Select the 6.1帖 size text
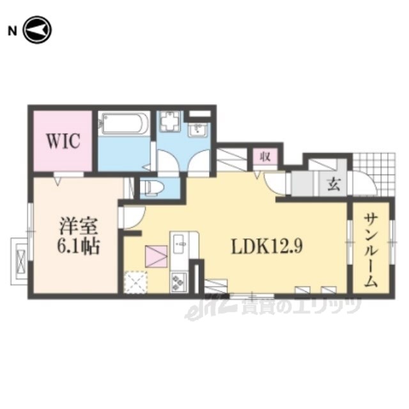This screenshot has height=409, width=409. coord(78,246)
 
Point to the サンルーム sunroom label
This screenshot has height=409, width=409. coord(371,250)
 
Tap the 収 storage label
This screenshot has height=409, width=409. coord(265,157)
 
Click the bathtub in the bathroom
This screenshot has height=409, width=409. coord(125,123)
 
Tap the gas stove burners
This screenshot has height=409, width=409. coord(179,282)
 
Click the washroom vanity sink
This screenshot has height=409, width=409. coord(198,130)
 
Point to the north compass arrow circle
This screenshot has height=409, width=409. coord(38,30)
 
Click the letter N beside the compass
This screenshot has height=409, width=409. coord(12,31)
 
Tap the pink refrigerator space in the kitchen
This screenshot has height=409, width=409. coord(156,256)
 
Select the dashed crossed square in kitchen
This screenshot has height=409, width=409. coord(135,282)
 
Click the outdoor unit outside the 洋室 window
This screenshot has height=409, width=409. coord(19,261)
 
